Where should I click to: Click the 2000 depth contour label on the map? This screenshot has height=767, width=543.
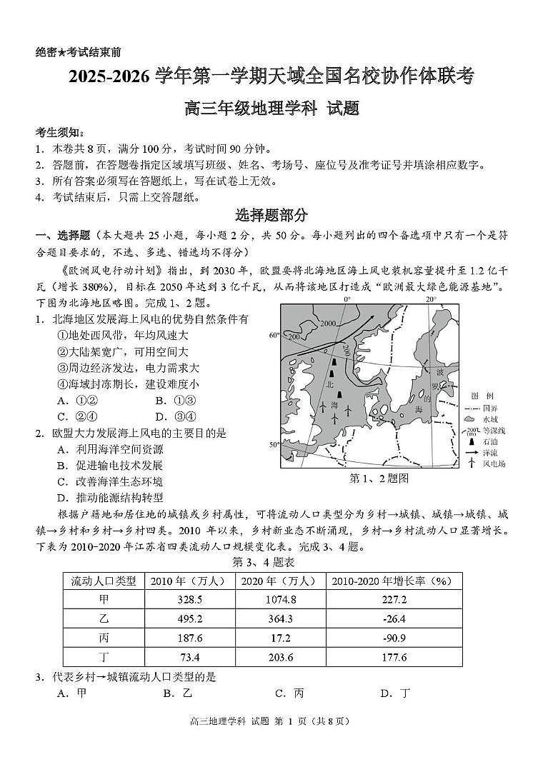click(x=328, y=324)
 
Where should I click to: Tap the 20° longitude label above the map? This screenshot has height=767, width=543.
click(x=431, y=299)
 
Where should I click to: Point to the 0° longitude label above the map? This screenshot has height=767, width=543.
click(x=348, y=299)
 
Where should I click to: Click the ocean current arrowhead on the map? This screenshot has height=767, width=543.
click(x=377, y=319)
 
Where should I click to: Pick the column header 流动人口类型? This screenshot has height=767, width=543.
click(x=103, y=581)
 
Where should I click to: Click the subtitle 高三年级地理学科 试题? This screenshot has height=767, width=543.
click(x=271, y=109)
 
